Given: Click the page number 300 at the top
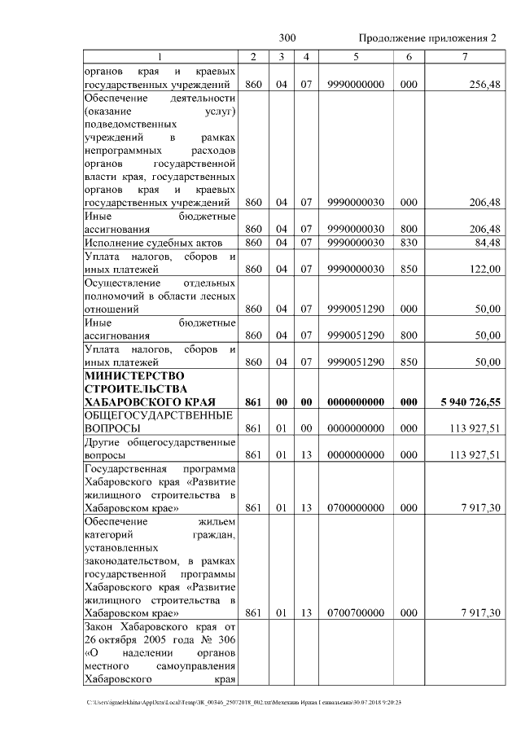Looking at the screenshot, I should pyautogui.click(x=287, y=38).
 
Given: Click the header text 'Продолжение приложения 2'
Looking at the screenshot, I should pyautogui.click(x=427, y=38).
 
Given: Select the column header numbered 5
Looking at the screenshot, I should pyautogui.click(x=356, y=56).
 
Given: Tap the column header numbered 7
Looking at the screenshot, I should pyautogui.click(x=464, y=56).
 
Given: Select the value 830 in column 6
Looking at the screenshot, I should pyautogui.click(x=409, y=243).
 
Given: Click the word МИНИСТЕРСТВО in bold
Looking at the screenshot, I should pyautogui.click(x=134, y=375).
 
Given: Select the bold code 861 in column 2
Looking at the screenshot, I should pyautogui.click(x=252, y=401).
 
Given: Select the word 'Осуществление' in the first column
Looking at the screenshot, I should pyautogui.click(x=123, y=283).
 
